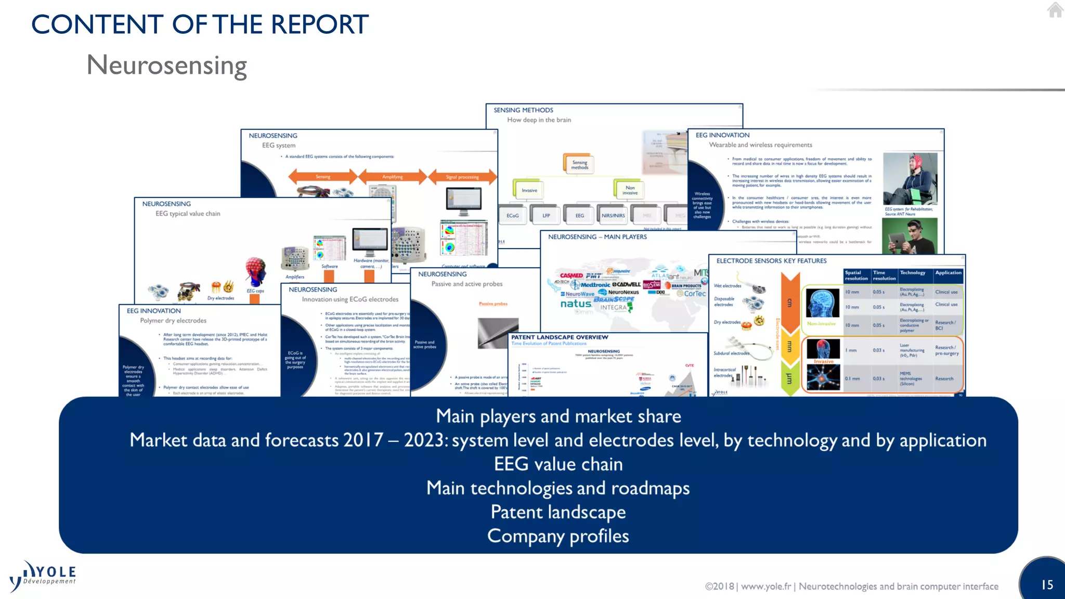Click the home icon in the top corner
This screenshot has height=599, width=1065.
1055,10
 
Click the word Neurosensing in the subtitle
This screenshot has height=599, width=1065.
166,66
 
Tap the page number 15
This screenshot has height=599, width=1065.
1047,585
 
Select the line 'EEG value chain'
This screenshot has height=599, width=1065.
558,464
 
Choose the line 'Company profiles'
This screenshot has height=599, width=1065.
558,536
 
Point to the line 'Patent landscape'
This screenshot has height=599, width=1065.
558,512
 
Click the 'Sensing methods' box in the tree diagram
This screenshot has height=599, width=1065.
579,165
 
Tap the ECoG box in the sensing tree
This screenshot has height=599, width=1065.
513,215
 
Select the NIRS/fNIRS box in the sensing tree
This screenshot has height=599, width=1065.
613,215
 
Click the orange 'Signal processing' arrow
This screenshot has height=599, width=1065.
462,177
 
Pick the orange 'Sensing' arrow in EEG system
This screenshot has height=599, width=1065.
323,177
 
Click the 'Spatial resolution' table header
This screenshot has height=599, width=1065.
856,276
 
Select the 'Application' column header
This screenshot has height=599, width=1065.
948,273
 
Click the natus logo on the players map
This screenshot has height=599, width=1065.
576,304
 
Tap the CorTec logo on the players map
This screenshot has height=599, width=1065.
694,294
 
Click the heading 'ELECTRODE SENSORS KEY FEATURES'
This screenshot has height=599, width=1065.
771,261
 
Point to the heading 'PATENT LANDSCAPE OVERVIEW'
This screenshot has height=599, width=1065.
559,337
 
